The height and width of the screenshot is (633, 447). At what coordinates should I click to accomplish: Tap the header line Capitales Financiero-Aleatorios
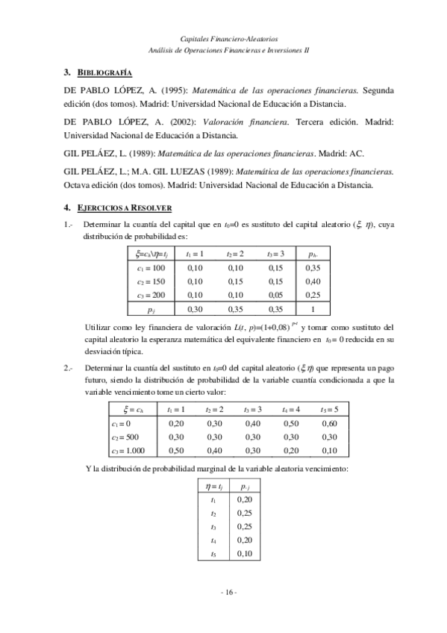[229, 36]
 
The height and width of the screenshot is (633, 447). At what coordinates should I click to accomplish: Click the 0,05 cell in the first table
[275, 296]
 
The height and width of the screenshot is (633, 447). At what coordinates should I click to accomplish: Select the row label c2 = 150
[151, 281]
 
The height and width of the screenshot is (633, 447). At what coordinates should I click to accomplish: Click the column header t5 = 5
[329, 409]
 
